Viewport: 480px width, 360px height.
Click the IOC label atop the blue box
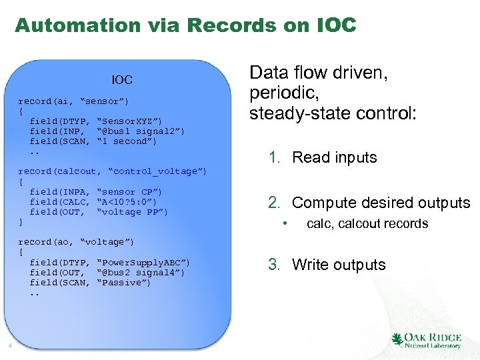click(x=122, y=80)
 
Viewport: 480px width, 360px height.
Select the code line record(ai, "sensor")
click(x=73, y=101)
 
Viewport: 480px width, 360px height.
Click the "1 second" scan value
click(x=127, y=141)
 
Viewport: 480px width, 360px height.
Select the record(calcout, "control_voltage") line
click(x=112, y=171)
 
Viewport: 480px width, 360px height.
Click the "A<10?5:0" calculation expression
click(x=127, y=202)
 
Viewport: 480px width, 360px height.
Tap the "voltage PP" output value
click(x=132, y=212)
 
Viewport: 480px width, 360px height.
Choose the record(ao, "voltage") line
click(x=76, y=241)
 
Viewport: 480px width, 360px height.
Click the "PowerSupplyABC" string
click(x=143, y=262)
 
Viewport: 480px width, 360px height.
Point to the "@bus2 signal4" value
click(x=140, y=272)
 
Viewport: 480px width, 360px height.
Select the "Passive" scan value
click(x=123, y=283)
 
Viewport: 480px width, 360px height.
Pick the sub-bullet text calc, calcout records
click(x=367, y=224)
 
